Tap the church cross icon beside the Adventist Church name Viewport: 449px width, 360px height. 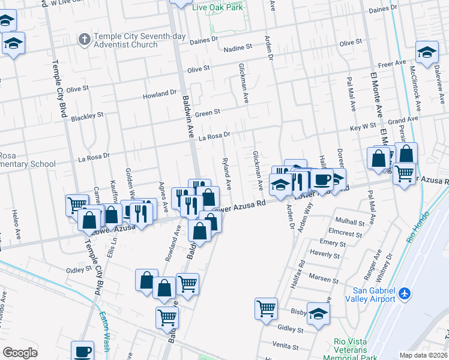click(85, 40)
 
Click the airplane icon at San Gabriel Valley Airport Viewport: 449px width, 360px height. click(405, 293)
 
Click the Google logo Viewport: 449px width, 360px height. click(20, 353)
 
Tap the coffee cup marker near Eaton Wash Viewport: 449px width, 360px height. click(82, 352)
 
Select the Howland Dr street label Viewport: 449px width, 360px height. click(160, 95)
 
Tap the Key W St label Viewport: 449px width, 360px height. click(363, 128)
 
